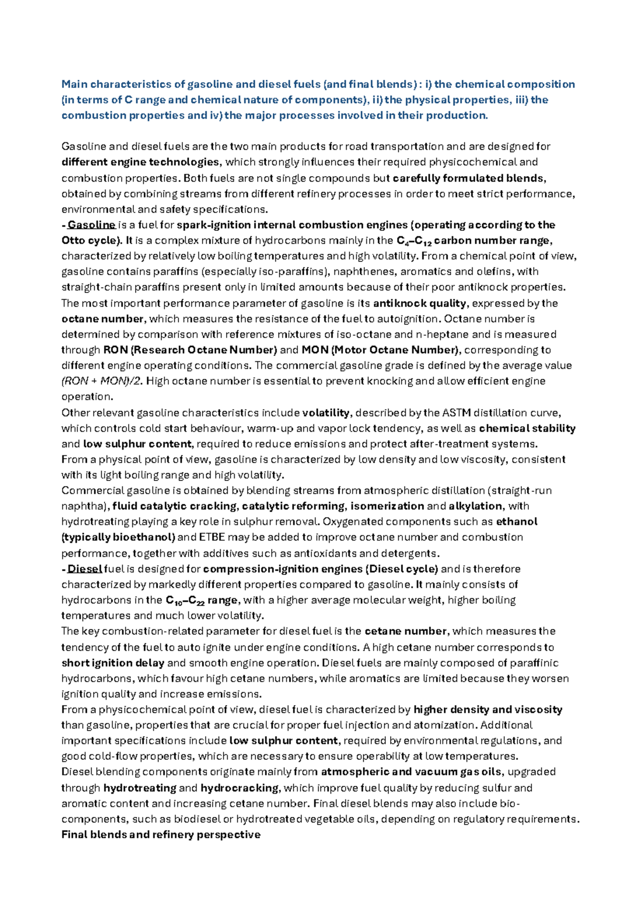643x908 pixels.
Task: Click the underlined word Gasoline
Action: click(91, 225)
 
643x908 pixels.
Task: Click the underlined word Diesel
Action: click(85, 569)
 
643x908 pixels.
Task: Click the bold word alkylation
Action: click(475, 506)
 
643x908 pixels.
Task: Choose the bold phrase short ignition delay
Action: click(113, 663)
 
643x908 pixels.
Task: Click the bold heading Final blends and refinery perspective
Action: click(161, 835)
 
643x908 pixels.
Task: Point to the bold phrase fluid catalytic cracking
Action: click(174, 506)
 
